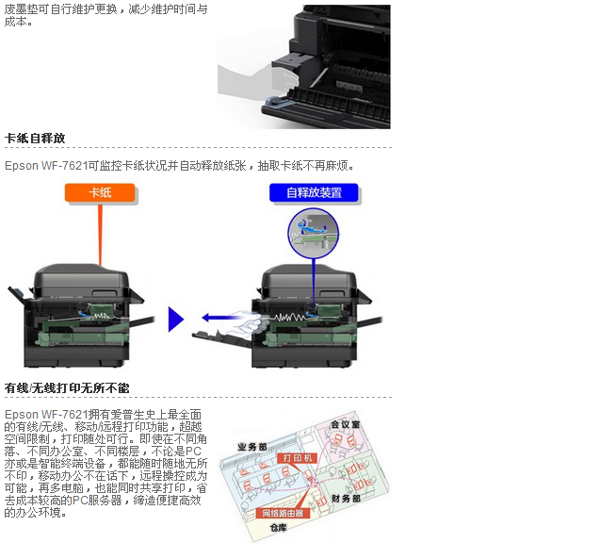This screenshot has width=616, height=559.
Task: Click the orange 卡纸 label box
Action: pyautogui.click(x=100, y=192)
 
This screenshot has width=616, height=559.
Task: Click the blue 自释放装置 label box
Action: pyautogui.click(x=314, y=192)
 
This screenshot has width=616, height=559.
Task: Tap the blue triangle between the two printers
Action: pyautogui.click(x=175, y=320)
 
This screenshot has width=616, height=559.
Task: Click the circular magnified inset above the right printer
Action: pyautogui.click(x=313, y=234)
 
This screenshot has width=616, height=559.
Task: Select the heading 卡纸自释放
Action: pyautogui.click(x=35, y=138)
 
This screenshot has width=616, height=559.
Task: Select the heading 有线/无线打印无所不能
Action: pyautogui.click(x=67, y=388)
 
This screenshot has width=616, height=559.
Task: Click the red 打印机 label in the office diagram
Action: pyautogui.click(x=297, y=458)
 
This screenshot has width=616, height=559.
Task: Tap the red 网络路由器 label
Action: pyautogui.click(x=283, y=513)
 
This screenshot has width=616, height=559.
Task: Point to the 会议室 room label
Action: pyautogui.click(x=346, y=424)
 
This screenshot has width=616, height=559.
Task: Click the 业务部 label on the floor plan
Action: pyautogui.click(x=252, y=447)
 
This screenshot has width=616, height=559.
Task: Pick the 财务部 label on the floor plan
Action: pyautogui.click(x=346, y=499)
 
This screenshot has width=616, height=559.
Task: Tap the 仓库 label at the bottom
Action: pyautogui.click(x=279, y=528)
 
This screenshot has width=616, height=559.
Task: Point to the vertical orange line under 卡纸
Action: pyautogui.click(x=100, y=235)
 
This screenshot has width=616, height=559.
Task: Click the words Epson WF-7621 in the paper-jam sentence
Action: pyautogui.click(x=46, y=166)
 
